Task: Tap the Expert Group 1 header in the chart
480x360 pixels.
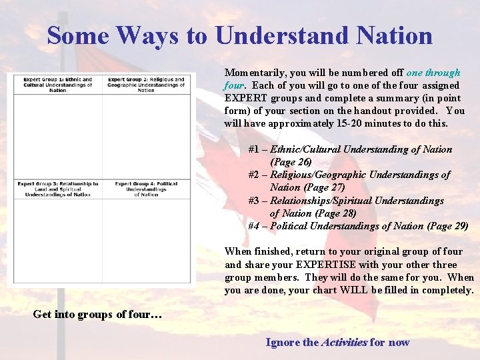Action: [x=57, y=85]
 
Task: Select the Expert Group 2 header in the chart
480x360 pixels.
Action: [x=146, y=85]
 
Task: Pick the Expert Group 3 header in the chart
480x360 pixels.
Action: [x=57, y=189]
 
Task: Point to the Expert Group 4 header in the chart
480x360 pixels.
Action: [x=146, y=189]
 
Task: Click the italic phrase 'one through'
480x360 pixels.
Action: [x=433, y=73]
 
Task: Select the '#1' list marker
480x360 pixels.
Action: [x=254, y=149]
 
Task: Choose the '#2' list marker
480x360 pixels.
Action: [x=254, y=175]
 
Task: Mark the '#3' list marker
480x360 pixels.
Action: [x=254, y=200]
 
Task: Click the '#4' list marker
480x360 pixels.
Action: [x=254, y=226]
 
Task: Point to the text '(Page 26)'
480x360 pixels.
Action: [x=291, y=162]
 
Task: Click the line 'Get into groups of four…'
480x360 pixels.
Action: [x=97, y=315]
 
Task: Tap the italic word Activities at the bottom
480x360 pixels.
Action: [x=344, y=343]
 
